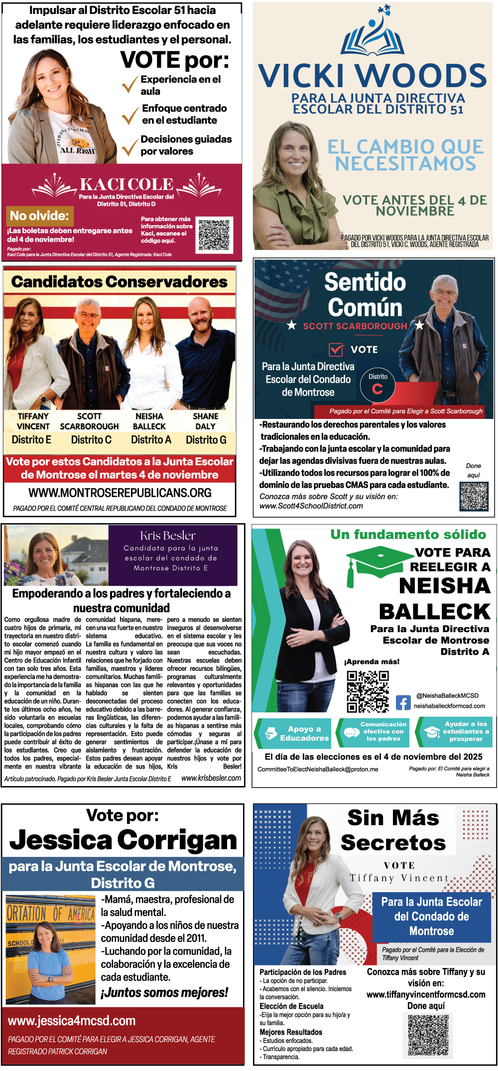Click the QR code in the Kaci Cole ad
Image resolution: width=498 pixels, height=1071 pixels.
(x=214, y=234)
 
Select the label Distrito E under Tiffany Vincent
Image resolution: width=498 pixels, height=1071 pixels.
(x=31, y=440)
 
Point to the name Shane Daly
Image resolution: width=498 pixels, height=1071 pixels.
(x=205, y=421)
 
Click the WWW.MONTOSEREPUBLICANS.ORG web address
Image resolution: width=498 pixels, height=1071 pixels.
(x=120, y=493)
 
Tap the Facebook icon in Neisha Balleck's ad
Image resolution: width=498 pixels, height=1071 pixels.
(x=403, y=702)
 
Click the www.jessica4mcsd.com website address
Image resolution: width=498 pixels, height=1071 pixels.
(x=72, y=1021)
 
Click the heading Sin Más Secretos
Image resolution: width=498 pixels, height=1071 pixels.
(x=393, y=830)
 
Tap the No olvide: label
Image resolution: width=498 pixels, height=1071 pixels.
(x=39, y=216)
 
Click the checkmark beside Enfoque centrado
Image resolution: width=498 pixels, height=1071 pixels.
(x=130, y=115)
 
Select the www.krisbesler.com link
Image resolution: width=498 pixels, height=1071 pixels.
(x=211, y=778)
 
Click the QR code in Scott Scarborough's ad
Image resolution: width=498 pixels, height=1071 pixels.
(x=474, y=496)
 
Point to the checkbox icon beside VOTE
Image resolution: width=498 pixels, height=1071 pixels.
(x=336, y=349)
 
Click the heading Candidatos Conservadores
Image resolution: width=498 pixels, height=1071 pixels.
(x=120, y=282)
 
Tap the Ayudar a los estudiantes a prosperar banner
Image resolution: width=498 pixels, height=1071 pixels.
(x=455, y=732)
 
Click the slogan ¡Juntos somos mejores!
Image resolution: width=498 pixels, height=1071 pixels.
(x=164, y=993)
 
